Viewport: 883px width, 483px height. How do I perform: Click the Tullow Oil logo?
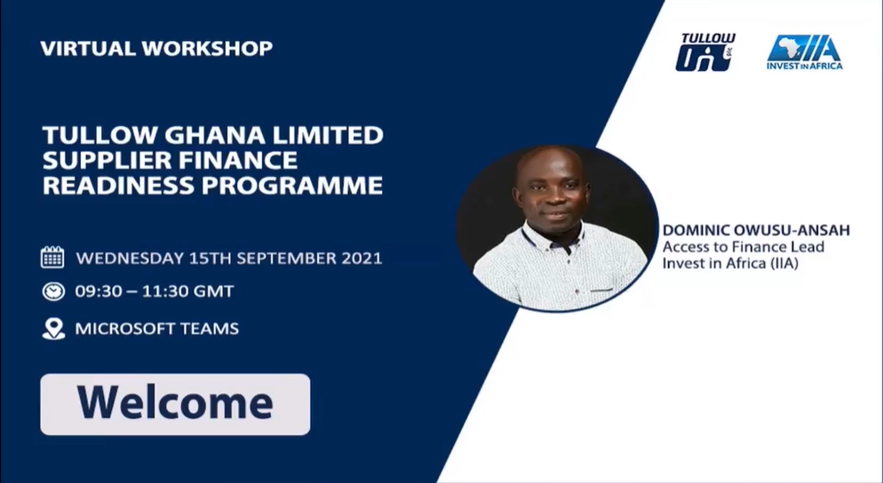click(705, 52)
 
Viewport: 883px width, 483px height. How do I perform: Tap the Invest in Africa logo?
click(804, 52)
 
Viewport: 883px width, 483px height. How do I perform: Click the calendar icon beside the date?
click(52, 257)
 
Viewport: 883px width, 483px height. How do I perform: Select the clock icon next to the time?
click(53, 291)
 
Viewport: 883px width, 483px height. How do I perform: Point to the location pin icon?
click(53, 329)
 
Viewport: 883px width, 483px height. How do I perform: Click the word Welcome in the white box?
click(175, 403)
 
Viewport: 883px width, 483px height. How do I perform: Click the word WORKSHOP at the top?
click(207, 49)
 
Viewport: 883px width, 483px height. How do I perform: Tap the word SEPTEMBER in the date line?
click(286, 258)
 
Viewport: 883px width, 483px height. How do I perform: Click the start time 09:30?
click(99, 291)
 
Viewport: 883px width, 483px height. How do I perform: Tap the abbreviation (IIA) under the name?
click(781, 264)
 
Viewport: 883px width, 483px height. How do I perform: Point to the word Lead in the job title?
click(807, 247)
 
